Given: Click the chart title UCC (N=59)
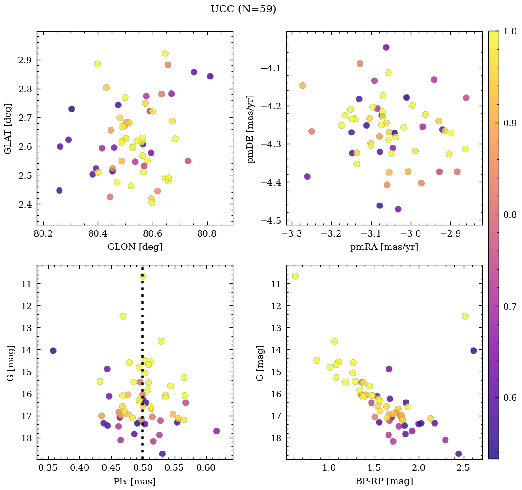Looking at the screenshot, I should pos(243,9).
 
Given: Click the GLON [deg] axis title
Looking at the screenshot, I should pos(135,247).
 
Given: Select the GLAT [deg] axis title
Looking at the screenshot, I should pos(8,128).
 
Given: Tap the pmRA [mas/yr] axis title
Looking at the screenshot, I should pos(384,247).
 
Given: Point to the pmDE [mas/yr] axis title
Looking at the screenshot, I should pos(251,129).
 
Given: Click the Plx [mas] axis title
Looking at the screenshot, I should pos(135,481).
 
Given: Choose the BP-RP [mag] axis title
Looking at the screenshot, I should pos(384,481).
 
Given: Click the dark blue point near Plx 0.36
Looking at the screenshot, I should pos(53,350).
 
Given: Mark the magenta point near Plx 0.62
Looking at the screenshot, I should pos(216,431).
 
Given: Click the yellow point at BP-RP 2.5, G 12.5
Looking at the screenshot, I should pos(465,316).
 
